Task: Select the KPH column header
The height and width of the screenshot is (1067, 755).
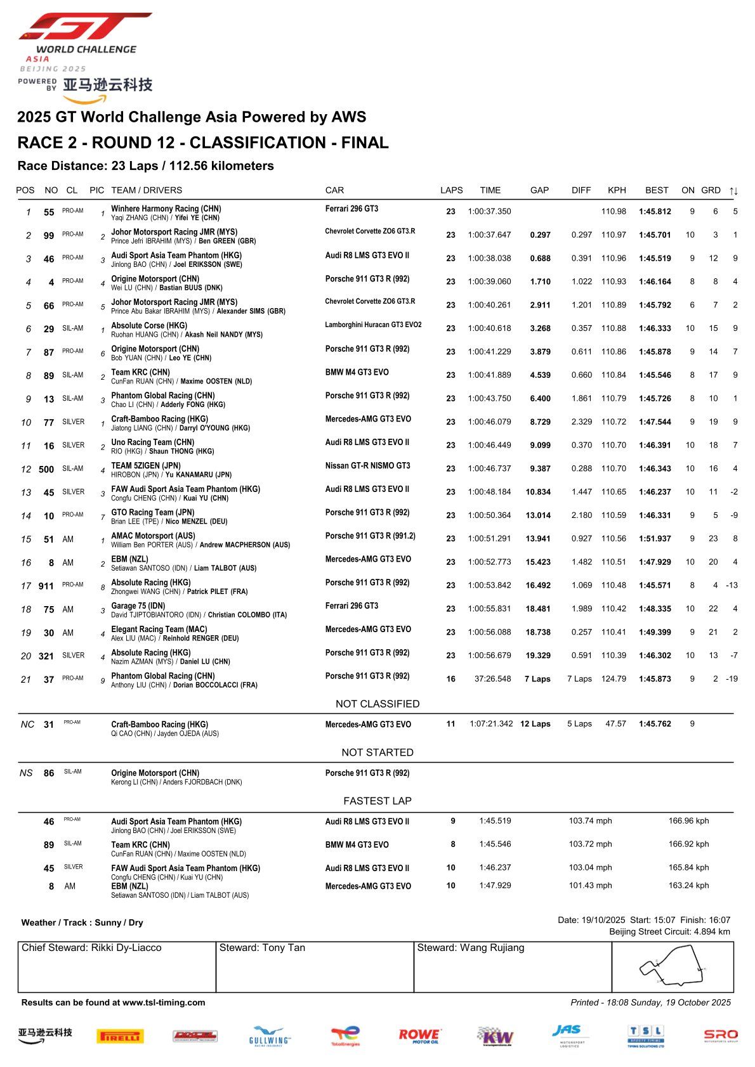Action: (x=616, y=190)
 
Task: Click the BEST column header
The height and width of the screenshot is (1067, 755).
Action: (x=657, y=190)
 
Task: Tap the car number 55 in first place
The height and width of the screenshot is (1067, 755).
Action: (x=49, y=212)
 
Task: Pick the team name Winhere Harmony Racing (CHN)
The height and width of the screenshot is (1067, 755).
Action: (x=166, y=209)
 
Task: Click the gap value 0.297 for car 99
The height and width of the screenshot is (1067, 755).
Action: (x=540, y=235)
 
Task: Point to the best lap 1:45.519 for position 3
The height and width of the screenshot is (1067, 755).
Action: (x=655, y=259)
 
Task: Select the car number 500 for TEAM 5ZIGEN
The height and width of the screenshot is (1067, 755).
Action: (x=46, y=469)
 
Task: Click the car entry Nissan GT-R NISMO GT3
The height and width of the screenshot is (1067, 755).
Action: (x=367, y=466)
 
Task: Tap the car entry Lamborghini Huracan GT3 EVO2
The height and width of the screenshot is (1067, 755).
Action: (x=373, y=325)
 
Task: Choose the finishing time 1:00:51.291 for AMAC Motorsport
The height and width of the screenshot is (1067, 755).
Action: (x=489, y=539)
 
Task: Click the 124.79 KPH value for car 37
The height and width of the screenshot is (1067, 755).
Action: (x=614, y=679)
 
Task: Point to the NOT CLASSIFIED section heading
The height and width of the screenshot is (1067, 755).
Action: (x=377, y=704)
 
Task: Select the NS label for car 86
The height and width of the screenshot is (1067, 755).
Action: (x=26, y=773)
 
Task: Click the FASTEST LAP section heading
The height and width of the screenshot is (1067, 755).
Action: (x=377, y=801)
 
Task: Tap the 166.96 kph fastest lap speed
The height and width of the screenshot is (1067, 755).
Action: (x=688, y=821)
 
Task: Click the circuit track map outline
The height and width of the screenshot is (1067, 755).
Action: (x=673, y=966)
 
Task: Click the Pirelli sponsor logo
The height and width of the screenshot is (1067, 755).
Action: (x=120, y=1037)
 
